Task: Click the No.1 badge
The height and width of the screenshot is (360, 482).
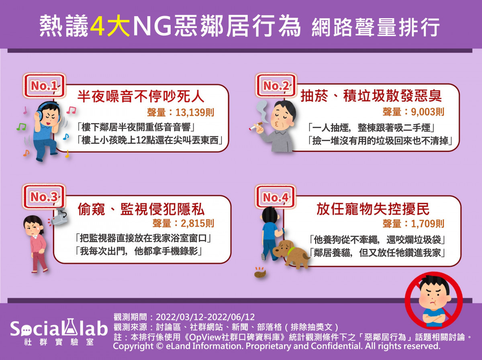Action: [x=44, y=86]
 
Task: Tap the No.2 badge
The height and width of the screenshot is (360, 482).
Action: [x=276, y=85]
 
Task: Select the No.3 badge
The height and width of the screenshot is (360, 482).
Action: [x=44, y=196]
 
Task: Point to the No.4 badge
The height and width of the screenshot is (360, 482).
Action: [x=276, y=197]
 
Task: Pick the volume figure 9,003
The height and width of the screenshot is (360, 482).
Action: [x=423, y=112]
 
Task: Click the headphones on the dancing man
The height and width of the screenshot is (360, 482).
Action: [x=47, y=112]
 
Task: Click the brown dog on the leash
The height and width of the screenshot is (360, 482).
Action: [x=291, y=253]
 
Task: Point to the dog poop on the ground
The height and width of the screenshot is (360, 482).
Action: [x=260, y=272]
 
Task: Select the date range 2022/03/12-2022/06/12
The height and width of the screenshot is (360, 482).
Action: [x=205, y=317]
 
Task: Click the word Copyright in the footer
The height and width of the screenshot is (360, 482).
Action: [x=133, y=346]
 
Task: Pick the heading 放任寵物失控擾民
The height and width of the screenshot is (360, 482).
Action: [x=373, y=209]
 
